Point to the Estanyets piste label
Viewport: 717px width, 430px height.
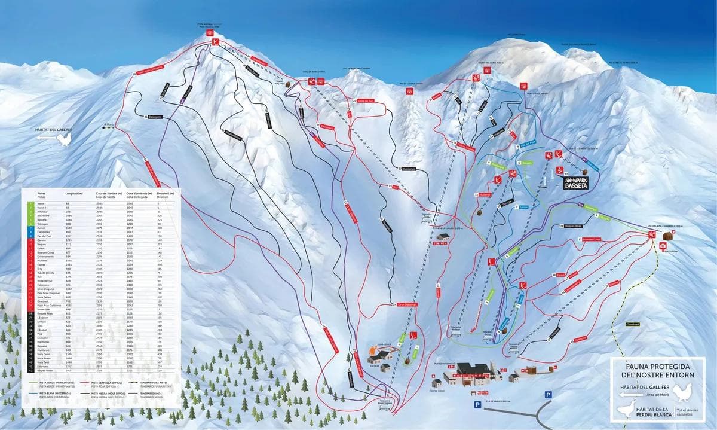pyautogui.click(x=154, y=117)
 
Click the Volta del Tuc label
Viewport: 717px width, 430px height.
pyautogui.click(x=363, y=101)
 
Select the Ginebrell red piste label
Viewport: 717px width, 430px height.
pyautogui.click(x=579, y=338)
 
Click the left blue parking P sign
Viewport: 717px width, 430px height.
pyautogui.click(x=477, y=405)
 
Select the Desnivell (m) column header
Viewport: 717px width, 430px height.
pyautogui.click(x=166, y=194)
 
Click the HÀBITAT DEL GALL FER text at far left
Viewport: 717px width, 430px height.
pyautogui.click(x=54, y=130)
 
